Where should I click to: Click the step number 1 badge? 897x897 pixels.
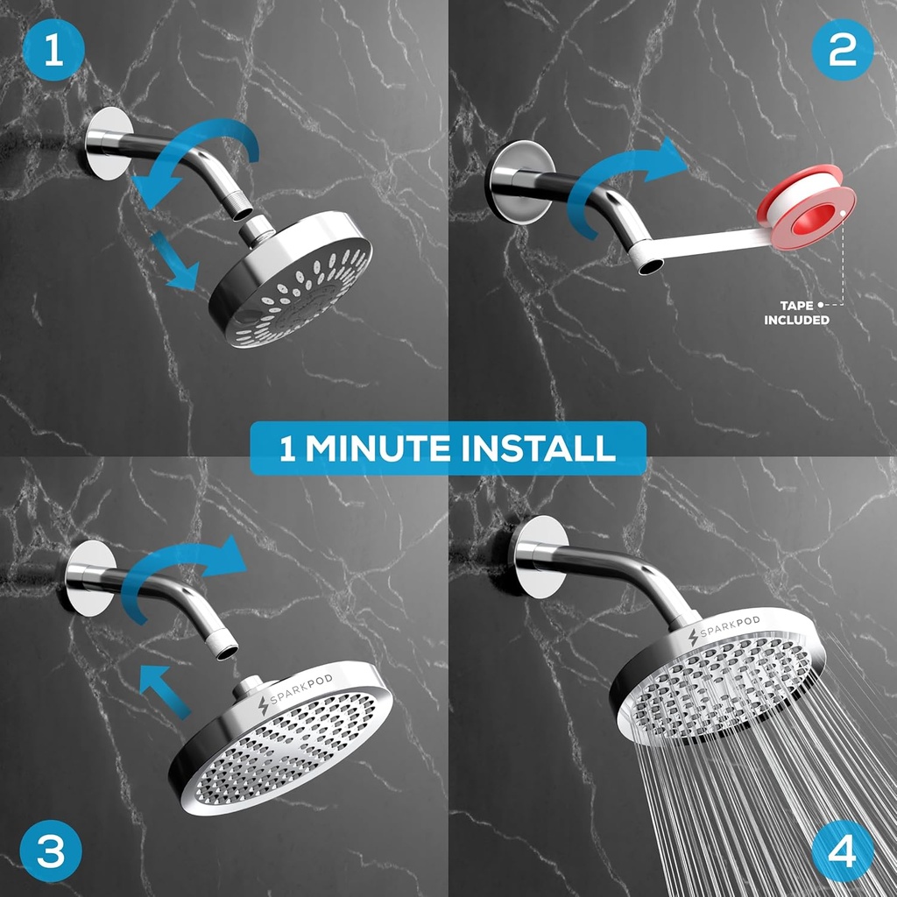pos(53,53)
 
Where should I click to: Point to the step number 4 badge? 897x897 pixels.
pos(842,850)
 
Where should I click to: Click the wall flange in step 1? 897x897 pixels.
pos(109,143)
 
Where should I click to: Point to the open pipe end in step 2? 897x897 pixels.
pos(649,263)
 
